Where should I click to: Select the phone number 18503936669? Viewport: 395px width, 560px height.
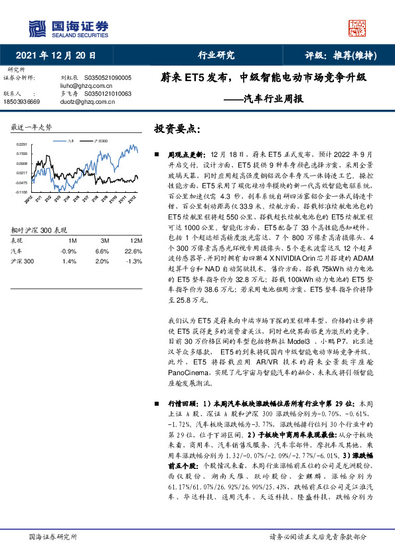(x=22, y=102)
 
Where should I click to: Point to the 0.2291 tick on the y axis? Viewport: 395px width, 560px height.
(x=22, y=144)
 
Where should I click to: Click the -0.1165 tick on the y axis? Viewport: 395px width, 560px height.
(x=22, y=192)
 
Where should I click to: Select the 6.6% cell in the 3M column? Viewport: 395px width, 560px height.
(x=102, y=251)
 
